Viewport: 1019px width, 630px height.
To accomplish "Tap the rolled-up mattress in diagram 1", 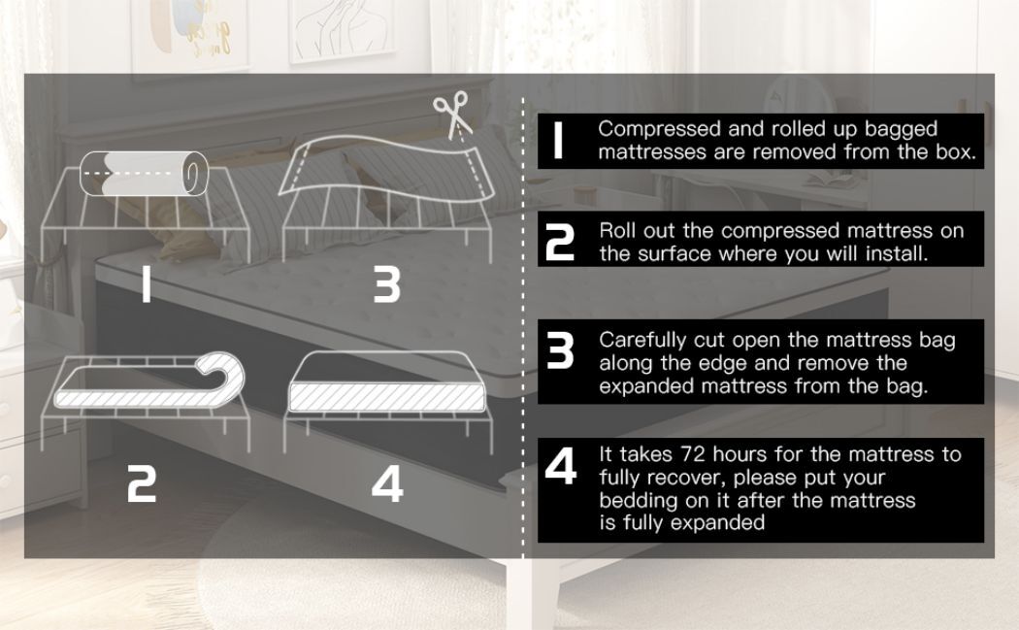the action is point(144,174).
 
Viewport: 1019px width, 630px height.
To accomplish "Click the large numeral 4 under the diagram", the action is point(387,485).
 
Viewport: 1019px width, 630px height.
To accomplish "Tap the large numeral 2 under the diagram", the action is point(142,485).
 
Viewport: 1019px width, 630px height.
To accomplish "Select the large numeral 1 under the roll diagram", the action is point(147,285).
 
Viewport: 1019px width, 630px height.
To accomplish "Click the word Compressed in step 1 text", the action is point(660,129).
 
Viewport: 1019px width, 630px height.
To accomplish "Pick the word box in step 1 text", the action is point(955,152).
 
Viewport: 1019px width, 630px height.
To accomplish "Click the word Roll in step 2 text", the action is point(618,231).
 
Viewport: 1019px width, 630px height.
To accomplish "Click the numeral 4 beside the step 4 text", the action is point(560,466).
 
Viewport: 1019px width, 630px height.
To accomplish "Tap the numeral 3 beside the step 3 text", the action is point(560,351).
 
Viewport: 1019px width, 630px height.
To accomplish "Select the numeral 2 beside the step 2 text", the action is point(560,243).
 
